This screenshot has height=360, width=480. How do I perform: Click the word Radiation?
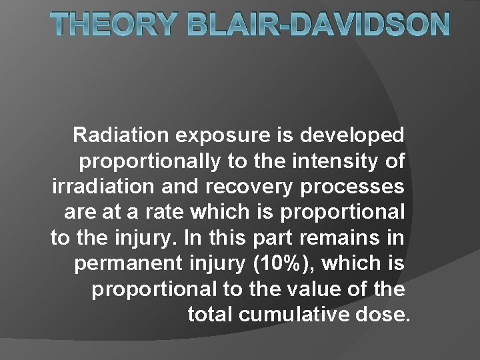(x=121, y=135)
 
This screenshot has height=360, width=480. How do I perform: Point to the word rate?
(x=161, y=211)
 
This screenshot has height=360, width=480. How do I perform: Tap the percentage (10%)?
(x=276, y=262)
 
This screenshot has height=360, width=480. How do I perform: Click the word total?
(x=209, y=313)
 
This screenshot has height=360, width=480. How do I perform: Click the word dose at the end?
(x=381, y=313)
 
